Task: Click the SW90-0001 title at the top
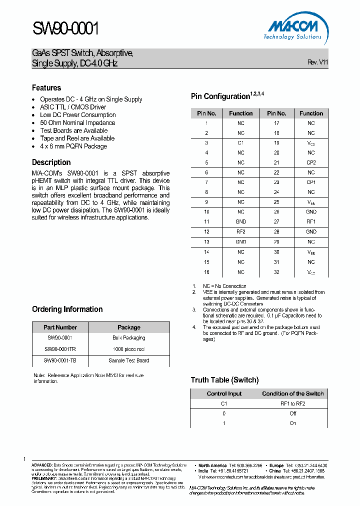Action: [65, 29]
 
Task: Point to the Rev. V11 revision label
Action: [317, 62]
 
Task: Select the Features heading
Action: [46, 87]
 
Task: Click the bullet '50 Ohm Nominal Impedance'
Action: [77, 122]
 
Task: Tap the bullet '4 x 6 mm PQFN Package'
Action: [73, 146]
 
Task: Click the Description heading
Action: [51, 162]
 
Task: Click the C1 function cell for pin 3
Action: [240, 143]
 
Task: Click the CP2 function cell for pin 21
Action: [311, 162]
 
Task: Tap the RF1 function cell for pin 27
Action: [311, 221]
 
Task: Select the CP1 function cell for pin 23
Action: [311, 182]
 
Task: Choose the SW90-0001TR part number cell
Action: [60, 349]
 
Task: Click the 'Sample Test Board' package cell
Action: [128, 360]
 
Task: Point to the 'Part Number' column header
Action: [60, 327]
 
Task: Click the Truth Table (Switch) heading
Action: [224, 380]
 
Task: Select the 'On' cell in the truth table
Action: [293, 423]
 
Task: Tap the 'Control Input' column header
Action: [224, 393]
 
